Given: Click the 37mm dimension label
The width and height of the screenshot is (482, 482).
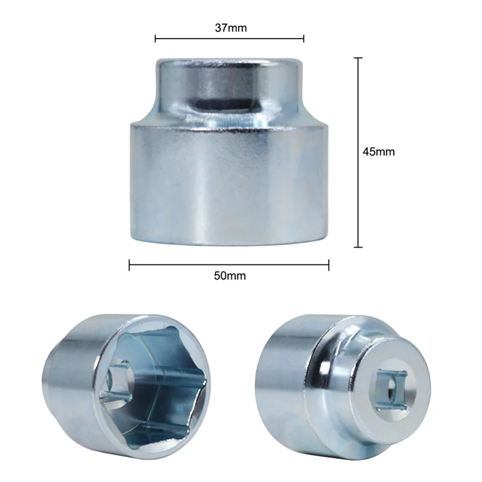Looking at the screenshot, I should click(230, 28).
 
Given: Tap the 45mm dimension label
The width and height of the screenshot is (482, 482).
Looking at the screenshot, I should click(378, 152).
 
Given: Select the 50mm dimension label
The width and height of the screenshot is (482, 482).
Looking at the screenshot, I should click(230, 276).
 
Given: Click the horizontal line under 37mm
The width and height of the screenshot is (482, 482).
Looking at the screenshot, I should click(230, 39).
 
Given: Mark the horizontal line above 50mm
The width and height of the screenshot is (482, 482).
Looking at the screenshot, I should click(230, 264).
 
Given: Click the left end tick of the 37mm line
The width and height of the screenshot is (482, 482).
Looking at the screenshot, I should click(155, 39).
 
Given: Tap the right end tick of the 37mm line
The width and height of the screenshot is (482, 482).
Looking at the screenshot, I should click(304, 39).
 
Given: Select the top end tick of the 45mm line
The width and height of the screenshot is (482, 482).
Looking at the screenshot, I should click(359, 58).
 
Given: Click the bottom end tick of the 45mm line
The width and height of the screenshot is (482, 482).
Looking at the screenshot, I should click(359, 247).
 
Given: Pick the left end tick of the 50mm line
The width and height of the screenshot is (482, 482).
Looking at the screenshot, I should click(130, 264).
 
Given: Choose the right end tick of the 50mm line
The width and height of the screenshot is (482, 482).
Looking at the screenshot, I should click(329, 264).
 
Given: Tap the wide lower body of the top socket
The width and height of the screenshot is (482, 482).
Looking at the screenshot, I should click(230, 181).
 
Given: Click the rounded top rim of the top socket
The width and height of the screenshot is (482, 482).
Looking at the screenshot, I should click(230, 61).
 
